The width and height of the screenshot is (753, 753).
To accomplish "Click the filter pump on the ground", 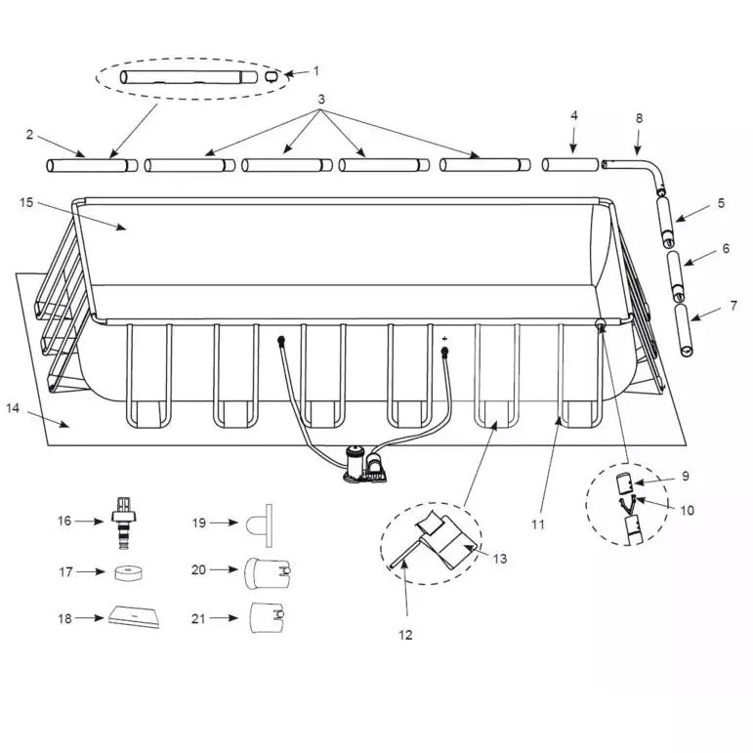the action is point(364,464).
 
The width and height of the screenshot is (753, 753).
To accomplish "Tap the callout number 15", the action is point(26,203).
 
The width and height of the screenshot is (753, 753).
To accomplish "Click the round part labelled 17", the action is point(129,572).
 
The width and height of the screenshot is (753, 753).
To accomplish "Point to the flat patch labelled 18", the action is point(135,617).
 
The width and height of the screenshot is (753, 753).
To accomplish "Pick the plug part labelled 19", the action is point(260,524).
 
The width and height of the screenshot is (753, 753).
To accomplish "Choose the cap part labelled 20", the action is point(268,573).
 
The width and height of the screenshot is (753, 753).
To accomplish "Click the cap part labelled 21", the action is point(267,617).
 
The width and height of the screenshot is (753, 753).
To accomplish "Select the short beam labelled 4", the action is point(570,165).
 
